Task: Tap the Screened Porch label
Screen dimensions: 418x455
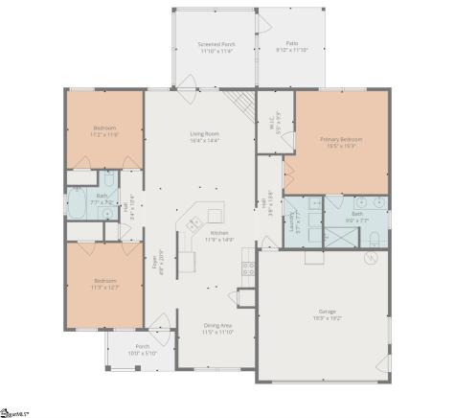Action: click(x=216, y=45)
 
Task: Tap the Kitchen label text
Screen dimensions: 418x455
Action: click(x=219, y=233)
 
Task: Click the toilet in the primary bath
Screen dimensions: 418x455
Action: click(x=380, y=203)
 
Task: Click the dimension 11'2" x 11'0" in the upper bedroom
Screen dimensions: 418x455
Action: click(x=103, y=135)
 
